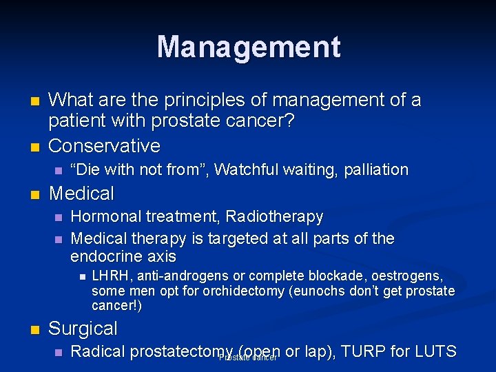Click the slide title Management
pyautogui.click(x=248, y=48)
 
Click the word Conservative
pyautogui.click(x=105, y=146)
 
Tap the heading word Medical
pyautogui.click(x=81, y=193)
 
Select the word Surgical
pyautogui.click(x=83, y=328)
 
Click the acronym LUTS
pyautogui.click(x=434, y=351)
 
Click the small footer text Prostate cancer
pyautogui.click(x=247, y=358)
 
